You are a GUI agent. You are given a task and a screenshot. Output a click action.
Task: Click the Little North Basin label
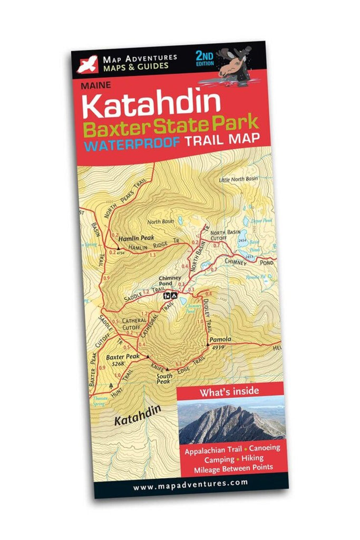tap(238, 179)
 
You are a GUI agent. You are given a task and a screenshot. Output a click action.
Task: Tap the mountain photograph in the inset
tap(231, 422)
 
